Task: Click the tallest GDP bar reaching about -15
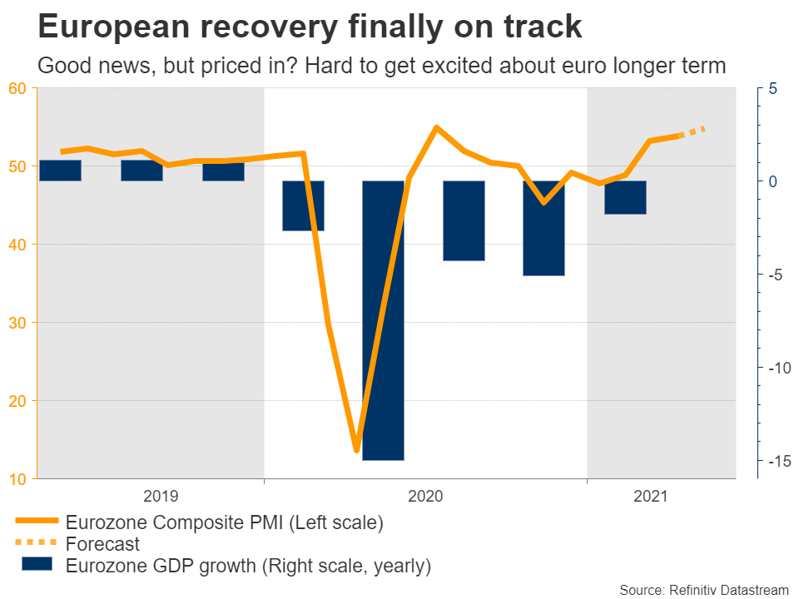click(383, 320)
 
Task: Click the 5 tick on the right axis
click(772, 88)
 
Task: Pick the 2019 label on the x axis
click(161, 497)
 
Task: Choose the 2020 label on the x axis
click(425, 497)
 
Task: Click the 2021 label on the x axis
click(650, 497)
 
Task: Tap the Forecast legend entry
click(102, 545)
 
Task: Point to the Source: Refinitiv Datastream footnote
click(704, 589)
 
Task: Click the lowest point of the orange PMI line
click(356, 450)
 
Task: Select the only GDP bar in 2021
click(625, 197)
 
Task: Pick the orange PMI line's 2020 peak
click(436, 128)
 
